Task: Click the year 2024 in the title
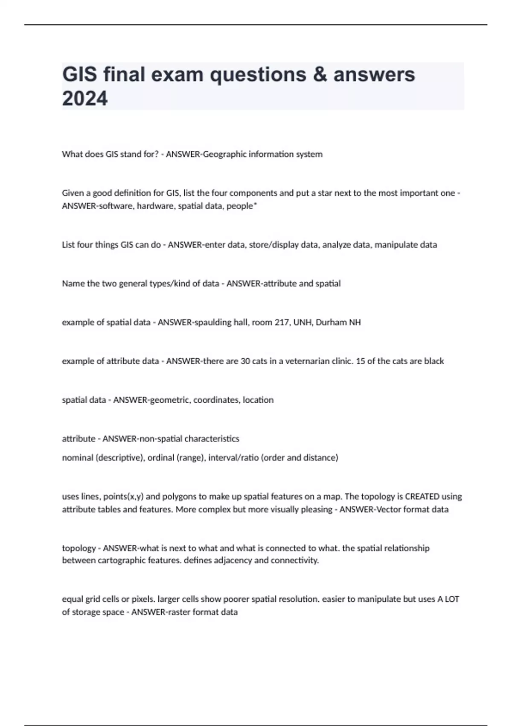click(85, 98)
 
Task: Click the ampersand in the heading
click(319, 74)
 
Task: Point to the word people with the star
click(241, 206)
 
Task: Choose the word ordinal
click(160, 458)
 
